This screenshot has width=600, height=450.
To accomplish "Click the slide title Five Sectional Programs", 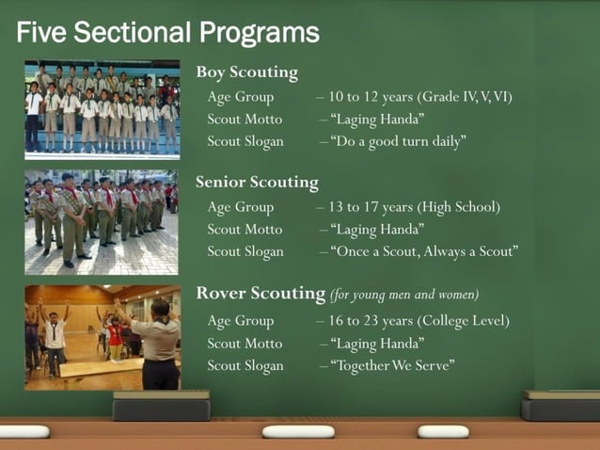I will pos(167,34).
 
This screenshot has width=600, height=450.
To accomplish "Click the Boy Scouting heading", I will pos(246,72).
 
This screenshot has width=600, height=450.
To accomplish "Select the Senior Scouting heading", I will pos(257,183).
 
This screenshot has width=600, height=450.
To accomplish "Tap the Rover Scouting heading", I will pos(260,294).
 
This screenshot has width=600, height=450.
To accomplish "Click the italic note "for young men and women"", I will pos(404,295).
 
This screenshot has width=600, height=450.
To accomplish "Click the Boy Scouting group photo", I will pos(102,109).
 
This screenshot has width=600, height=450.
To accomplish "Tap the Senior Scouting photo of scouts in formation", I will pos(102,221).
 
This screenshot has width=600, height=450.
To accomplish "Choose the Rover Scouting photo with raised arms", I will pos(102,337).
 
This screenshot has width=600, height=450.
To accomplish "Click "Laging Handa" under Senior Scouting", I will pos(376,229).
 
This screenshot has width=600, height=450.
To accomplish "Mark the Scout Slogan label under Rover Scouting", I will pos(245,365).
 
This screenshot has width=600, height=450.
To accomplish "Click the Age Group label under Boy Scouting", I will pos(241,97).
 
